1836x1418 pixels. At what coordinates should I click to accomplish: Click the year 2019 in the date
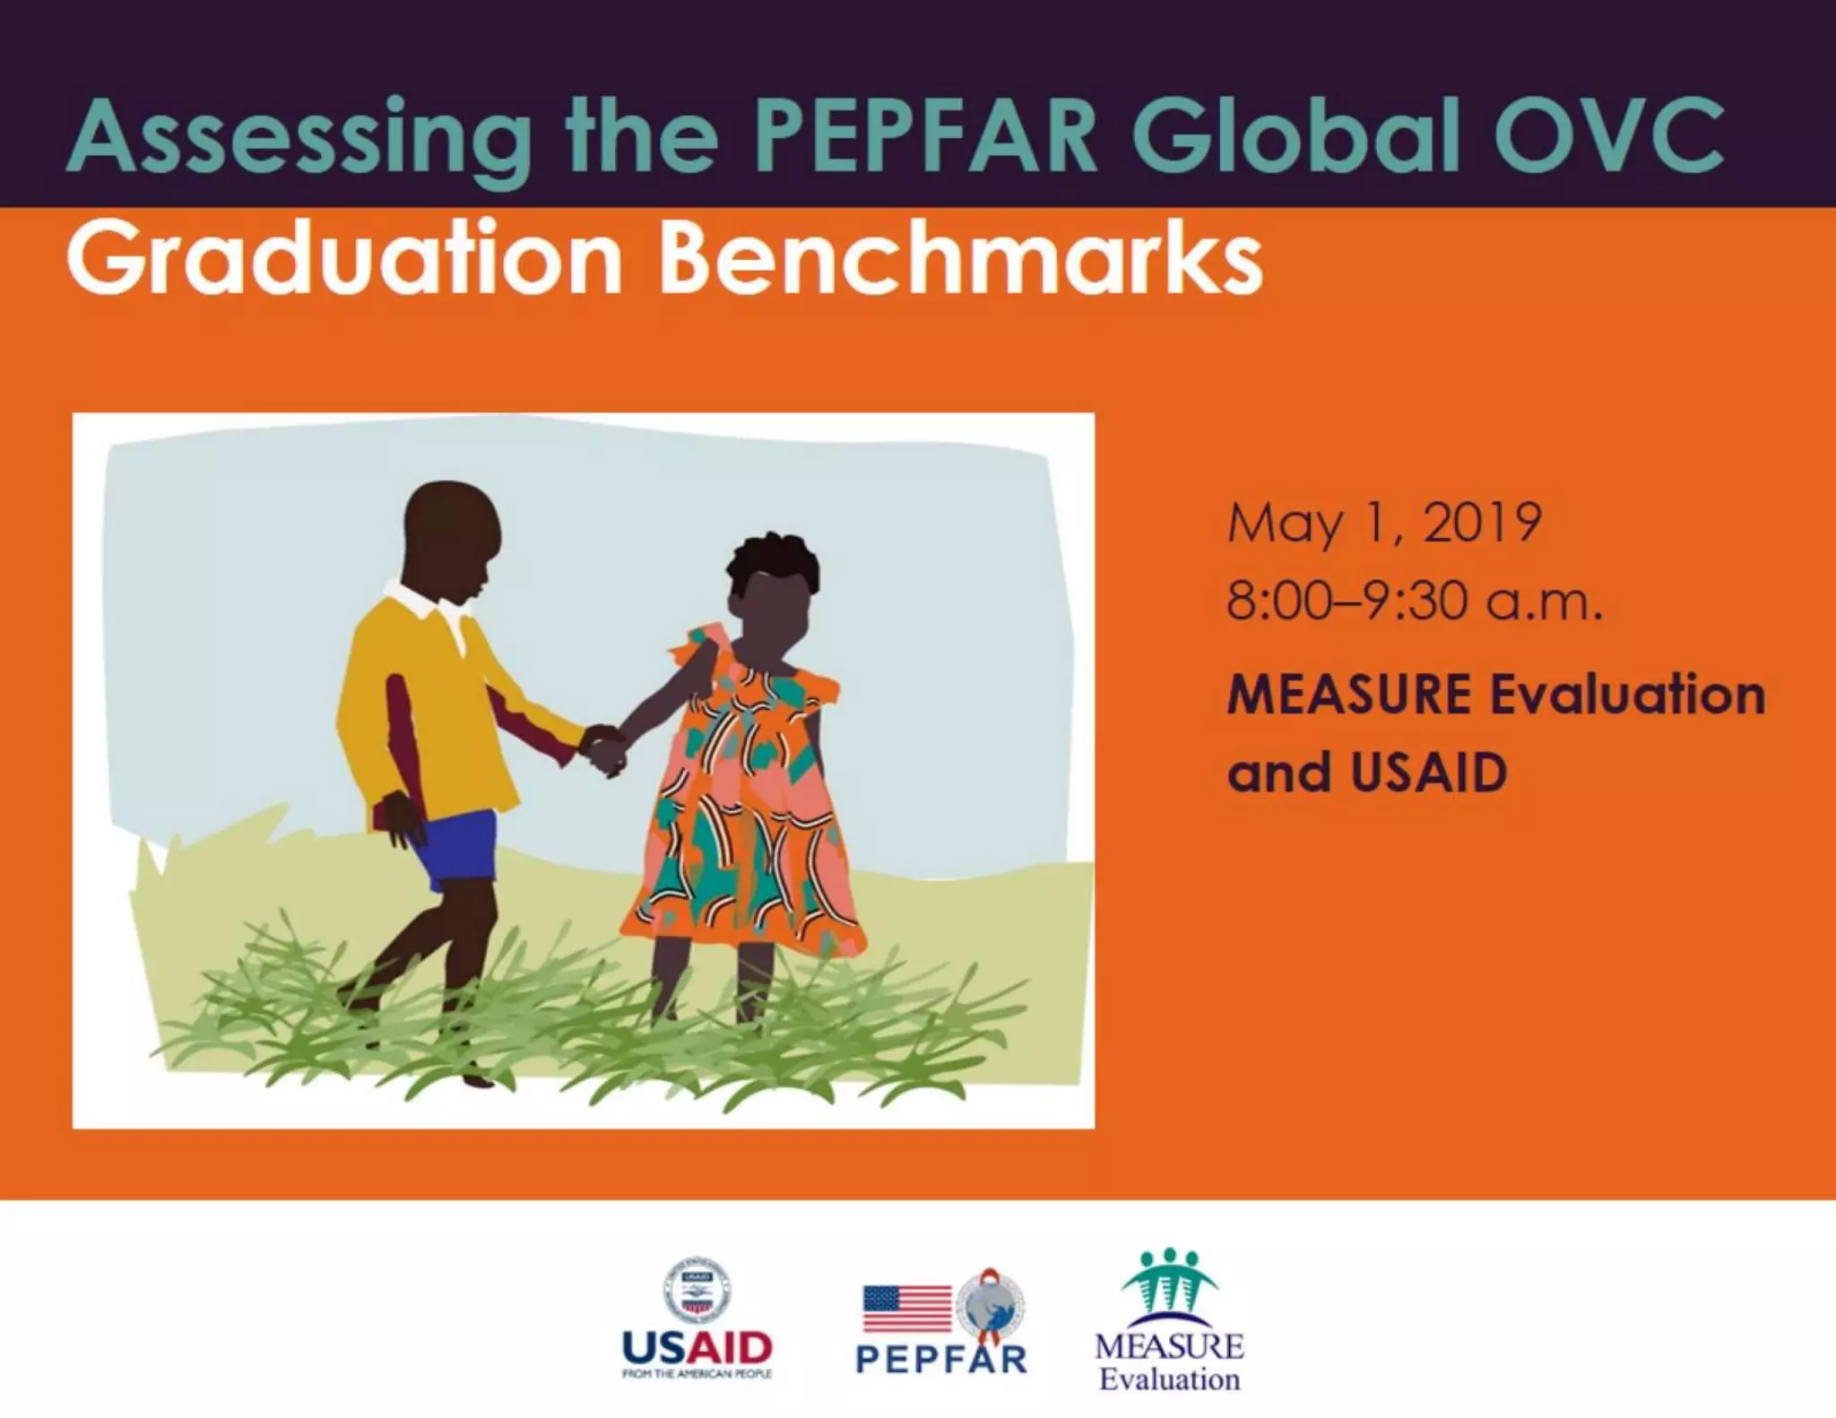[1483, 523]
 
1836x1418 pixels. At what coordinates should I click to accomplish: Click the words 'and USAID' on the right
[1367, 773]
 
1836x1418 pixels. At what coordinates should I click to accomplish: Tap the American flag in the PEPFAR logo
[906, 1310]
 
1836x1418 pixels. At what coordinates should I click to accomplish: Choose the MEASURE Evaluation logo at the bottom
[1169, 1321]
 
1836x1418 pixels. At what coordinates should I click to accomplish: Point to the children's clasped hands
[603, 749]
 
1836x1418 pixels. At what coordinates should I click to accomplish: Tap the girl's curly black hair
[773, 560]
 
